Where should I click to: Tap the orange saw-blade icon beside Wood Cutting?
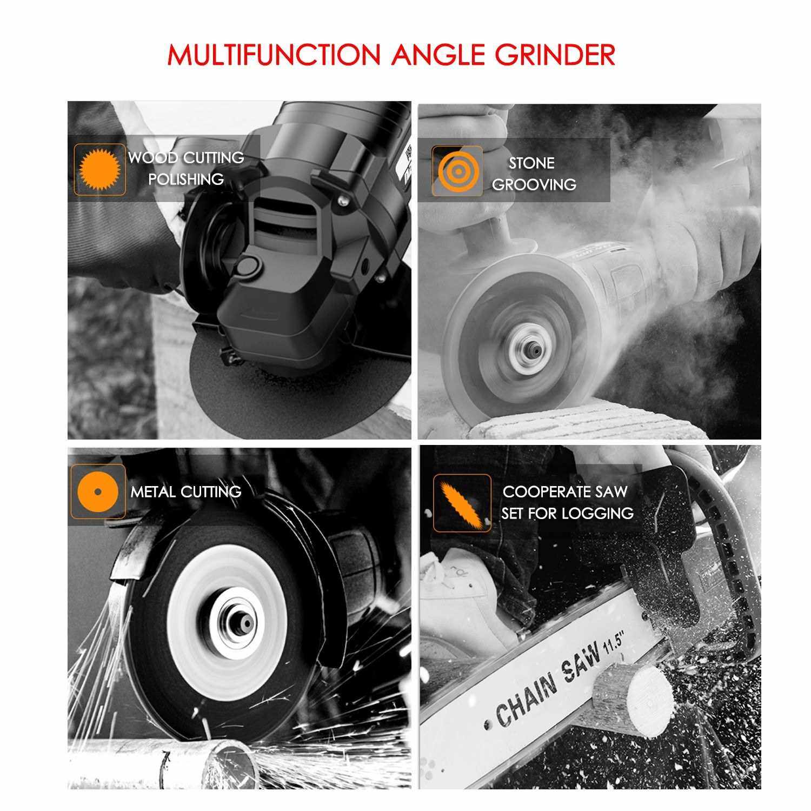click(x=99, y=169)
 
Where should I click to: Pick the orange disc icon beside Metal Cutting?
click(x=98, y=491)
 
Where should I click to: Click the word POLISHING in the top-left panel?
click(x=186, y=179)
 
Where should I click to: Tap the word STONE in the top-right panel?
click(x=531, y=163)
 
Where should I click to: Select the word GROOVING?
click(x=534, y=184)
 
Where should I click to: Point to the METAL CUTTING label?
click(x=186, y=491)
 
